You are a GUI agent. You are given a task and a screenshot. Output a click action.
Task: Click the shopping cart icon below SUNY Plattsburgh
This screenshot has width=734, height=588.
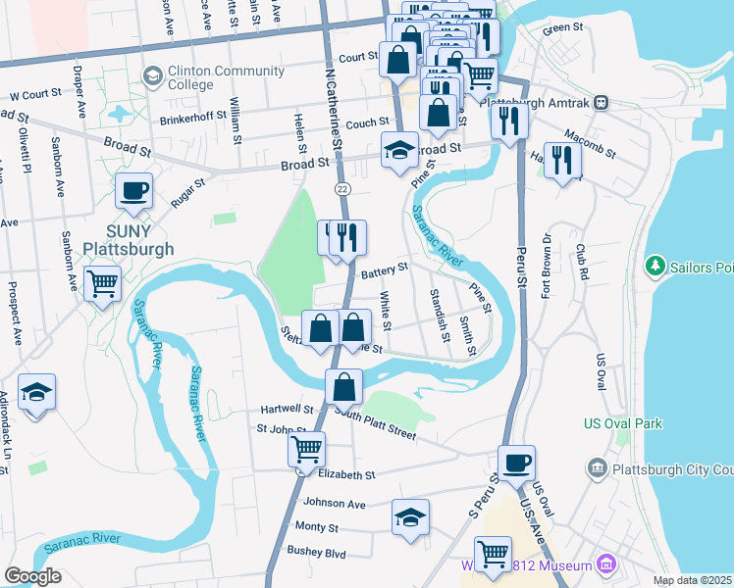point(103,285)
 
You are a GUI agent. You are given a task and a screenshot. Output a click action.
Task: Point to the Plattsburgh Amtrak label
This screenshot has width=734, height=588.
point(541,101)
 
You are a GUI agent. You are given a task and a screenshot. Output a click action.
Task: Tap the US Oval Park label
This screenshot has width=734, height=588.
point(622,423)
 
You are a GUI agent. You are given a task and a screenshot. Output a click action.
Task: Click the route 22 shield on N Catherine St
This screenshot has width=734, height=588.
point(341,187)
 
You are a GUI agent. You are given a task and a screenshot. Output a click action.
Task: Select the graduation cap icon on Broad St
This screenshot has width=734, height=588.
point(398,151)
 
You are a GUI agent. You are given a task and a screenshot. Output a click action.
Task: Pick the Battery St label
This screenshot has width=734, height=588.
point(384,270)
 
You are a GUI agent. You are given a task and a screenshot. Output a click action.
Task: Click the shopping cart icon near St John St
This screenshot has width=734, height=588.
point(307,450)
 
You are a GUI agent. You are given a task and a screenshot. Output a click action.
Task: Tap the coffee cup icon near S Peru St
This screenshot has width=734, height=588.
point(516,463)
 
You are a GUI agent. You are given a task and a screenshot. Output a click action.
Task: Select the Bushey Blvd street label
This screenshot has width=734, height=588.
point(317,553)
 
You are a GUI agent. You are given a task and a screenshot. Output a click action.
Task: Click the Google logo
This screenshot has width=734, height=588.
point(32,576)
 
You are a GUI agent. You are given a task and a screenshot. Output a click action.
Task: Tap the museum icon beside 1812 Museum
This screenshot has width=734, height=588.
point(605,564)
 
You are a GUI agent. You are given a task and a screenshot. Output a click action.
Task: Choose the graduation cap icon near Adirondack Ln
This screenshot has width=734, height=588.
point(36,394)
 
